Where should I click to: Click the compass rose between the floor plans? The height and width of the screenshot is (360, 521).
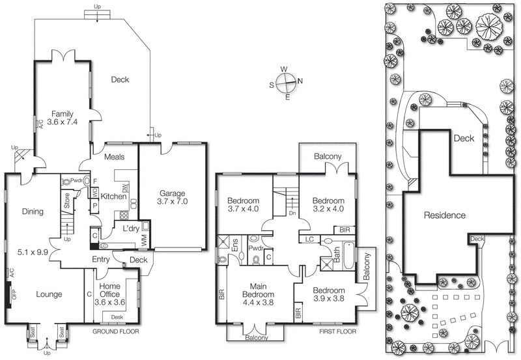pos(285,83)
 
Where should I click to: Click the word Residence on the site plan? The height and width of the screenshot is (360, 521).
pos(445,215)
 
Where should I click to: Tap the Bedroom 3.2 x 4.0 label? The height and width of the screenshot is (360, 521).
pos(328,204)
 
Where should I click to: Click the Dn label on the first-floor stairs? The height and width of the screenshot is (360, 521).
pos(292,213)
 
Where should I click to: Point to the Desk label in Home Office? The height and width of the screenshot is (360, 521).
pos(117,318)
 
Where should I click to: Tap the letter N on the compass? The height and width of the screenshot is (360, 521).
pos(300,81)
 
